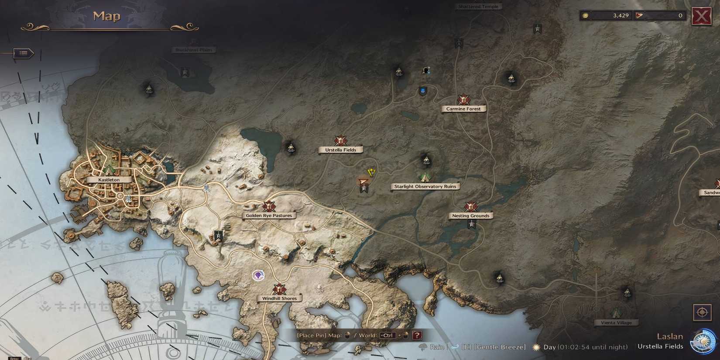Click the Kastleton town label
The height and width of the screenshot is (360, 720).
(109, 180)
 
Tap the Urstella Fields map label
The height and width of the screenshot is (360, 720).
(340, 150)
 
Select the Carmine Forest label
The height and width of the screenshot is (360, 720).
(463, 109)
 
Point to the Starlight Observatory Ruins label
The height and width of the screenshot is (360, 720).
(425, 187)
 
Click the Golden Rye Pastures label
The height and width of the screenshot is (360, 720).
(269, 216)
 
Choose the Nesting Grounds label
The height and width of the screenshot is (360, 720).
(470, 216)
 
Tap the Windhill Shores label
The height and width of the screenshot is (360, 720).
(279, 299)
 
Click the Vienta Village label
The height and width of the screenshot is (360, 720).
(616, 323)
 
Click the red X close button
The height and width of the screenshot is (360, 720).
(701, 17)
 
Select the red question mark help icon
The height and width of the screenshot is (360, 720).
(417, 336)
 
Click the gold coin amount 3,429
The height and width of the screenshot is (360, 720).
(621, 16)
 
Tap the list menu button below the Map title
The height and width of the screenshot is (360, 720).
(24, 53)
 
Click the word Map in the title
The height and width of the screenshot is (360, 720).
(106, 17)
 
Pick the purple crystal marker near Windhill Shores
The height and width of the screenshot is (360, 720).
(259, 275)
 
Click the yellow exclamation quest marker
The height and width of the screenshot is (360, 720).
(371, 172)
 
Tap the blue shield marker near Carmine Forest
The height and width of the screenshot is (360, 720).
(422, 91)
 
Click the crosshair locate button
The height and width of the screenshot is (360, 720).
(702, 312)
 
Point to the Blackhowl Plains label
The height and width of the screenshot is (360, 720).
(193, 50)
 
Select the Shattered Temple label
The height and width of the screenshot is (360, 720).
(478, 7)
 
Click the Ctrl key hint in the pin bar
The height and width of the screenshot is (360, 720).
(387, 336)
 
